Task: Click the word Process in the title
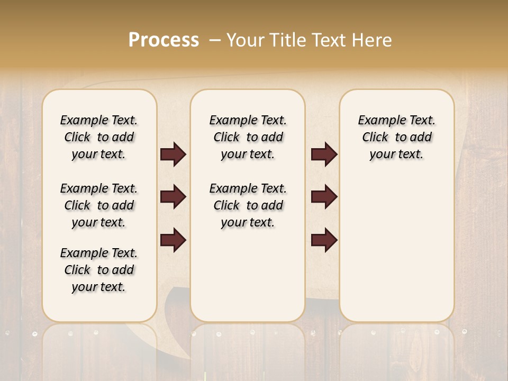tap(164, 40)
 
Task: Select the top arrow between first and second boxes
tap(173, 154)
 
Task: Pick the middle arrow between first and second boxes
tap(173, 197)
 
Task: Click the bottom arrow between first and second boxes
tap(173, 240)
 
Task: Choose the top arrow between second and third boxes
tap(324, 154)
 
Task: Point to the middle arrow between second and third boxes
tap(324, 197)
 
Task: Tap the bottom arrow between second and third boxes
tap(324, 240)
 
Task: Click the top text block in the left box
tap(99, 137)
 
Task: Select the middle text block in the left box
tap(99, 205)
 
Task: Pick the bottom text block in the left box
tap(99, 270)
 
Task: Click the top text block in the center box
tap(248, 137)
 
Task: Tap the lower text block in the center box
tap(248, 205)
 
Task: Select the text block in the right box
tap(396, 137)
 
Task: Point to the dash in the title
tap(214, 40)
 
